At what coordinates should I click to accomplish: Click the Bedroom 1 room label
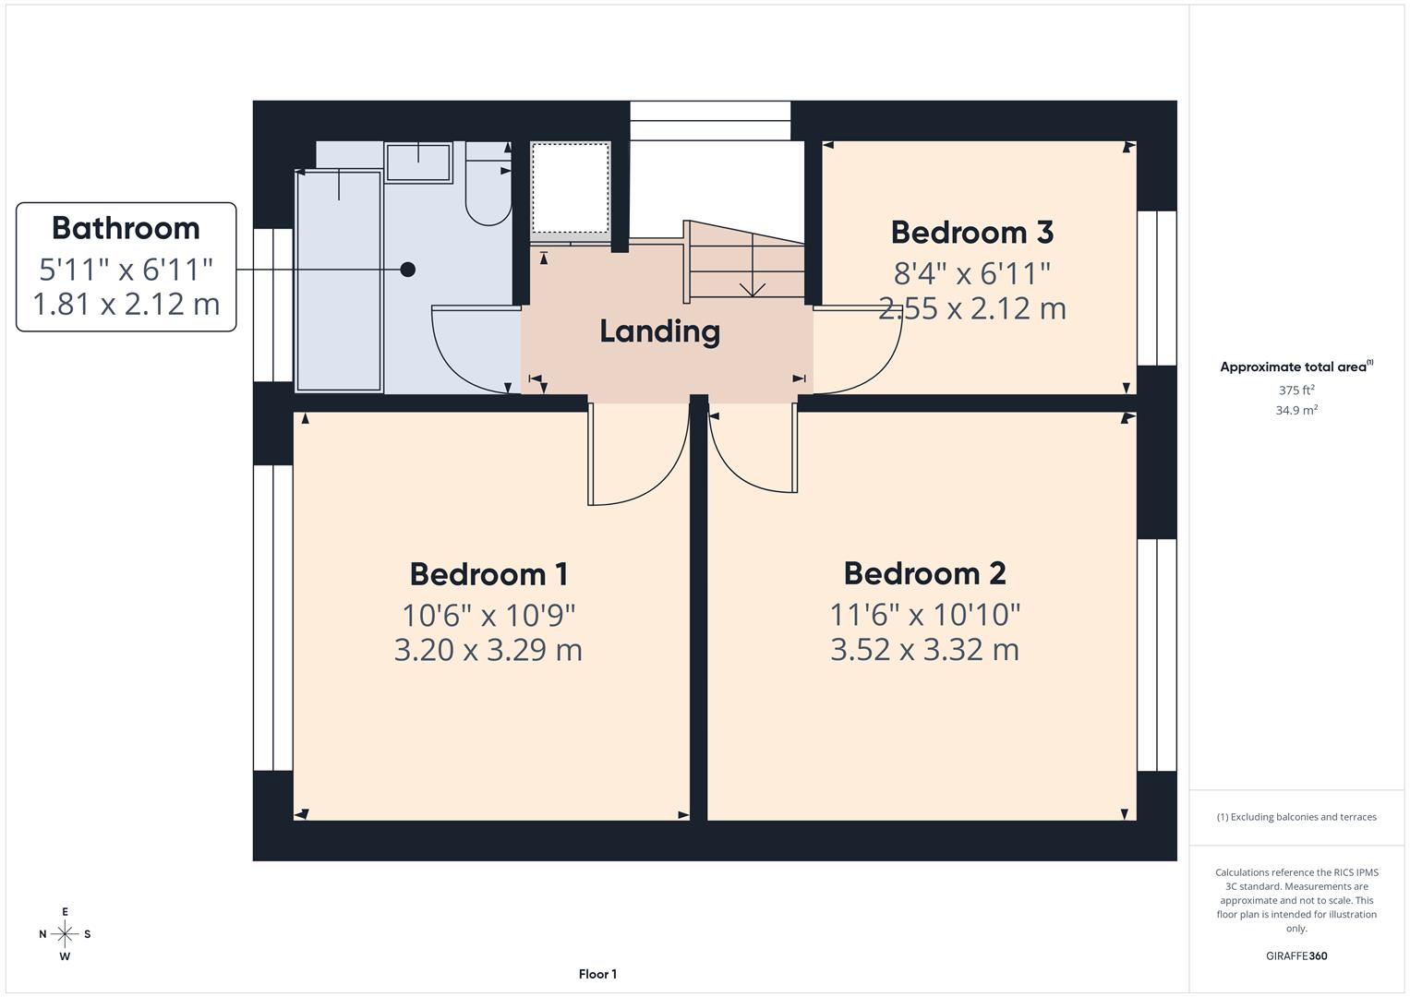(x=488, y=574)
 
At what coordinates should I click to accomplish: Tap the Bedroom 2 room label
(x=924, y=573)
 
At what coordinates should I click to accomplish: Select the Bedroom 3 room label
(x=971, y=233)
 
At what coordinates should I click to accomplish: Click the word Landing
(x=659, y=331)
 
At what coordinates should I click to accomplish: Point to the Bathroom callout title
(x=126, y=228)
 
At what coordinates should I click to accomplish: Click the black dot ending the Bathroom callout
(x=407, y=270)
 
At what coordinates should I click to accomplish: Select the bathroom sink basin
(x=418, y=162)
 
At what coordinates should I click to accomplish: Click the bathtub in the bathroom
(x=338, y=282)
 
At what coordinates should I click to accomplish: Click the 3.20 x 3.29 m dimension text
(x=488, y=650)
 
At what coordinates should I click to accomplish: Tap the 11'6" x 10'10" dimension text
(x=924, y=615)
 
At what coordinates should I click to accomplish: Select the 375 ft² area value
(x=1296, y=390)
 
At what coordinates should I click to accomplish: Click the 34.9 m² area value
(x=1296, y=411)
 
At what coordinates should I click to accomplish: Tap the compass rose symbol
(x=65, y=934)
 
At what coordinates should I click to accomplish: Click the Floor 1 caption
(x=597, y=974)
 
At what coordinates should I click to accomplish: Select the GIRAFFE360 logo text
(x=1296, y=956)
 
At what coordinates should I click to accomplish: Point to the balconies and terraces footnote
(x=1296, y=817)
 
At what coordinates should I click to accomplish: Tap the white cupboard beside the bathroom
(x=571, y=188)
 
